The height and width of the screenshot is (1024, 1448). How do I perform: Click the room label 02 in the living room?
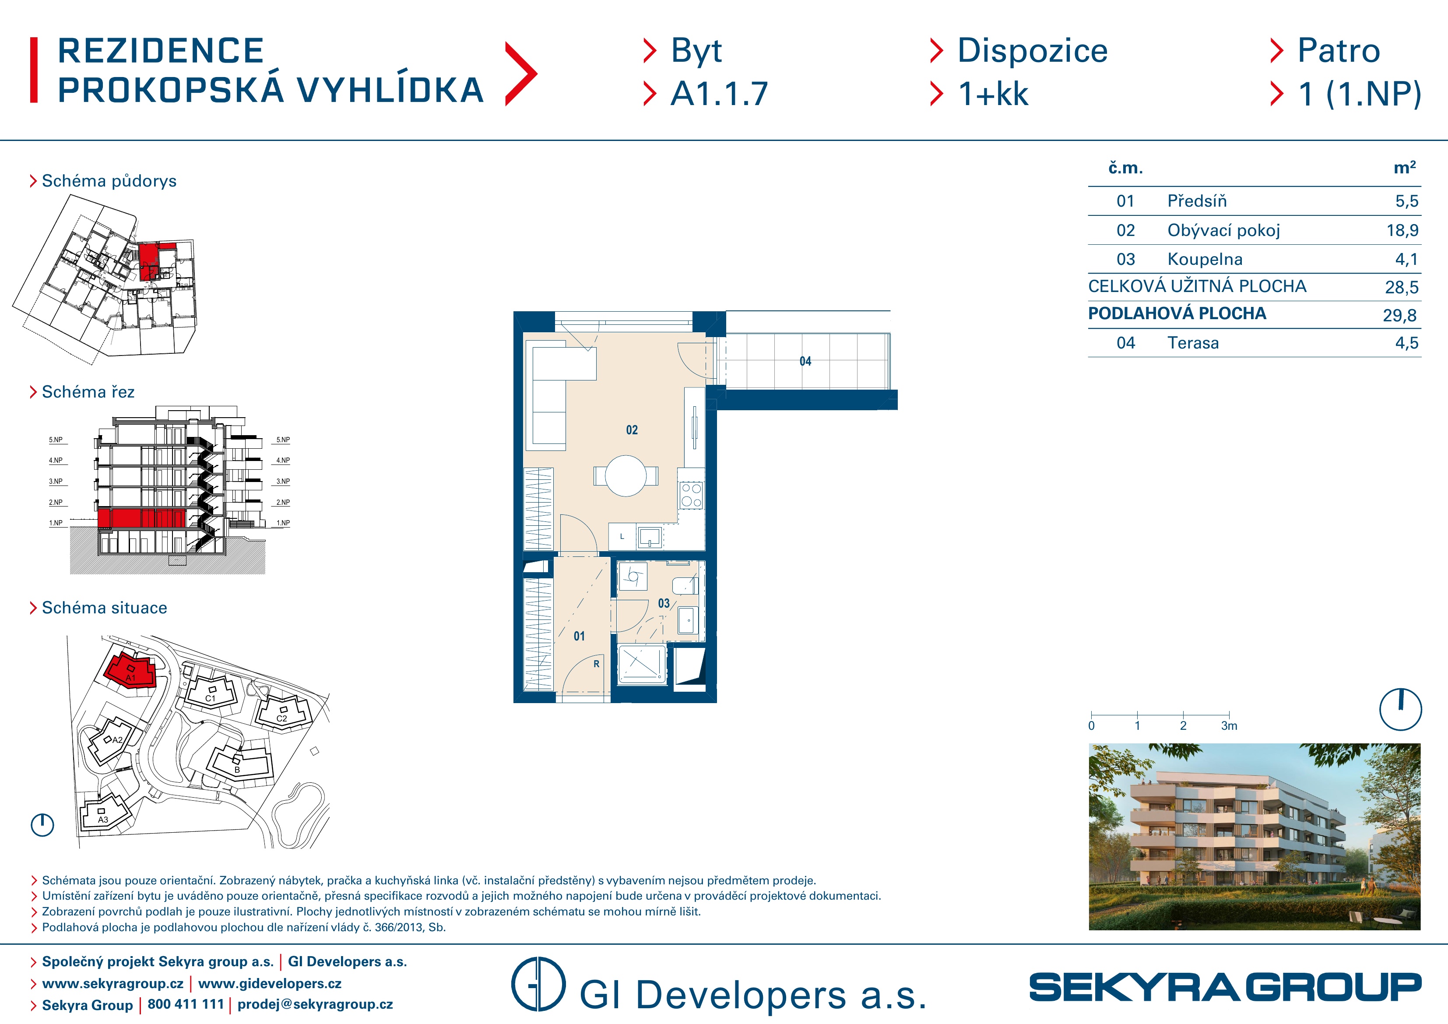632,430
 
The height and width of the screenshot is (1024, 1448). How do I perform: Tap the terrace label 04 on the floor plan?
805,362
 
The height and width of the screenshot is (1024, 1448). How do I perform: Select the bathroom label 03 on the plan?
664,604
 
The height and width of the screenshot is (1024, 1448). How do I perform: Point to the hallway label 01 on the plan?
579,637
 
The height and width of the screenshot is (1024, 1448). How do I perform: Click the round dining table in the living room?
626,476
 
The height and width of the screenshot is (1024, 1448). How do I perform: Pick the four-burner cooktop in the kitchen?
691,495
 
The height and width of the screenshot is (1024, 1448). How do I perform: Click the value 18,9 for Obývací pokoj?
1402,230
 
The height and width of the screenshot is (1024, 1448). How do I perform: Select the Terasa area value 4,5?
1406,343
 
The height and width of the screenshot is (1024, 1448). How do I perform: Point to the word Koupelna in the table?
1205,259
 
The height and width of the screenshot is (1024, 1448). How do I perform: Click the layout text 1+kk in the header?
993,94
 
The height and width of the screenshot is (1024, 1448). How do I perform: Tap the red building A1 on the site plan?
130,671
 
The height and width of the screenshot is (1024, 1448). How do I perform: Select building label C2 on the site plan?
282,718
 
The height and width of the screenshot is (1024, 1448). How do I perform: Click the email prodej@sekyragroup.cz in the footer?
315,1004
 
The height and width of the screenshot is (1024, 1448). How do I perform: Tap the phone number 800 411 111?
186,1004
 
